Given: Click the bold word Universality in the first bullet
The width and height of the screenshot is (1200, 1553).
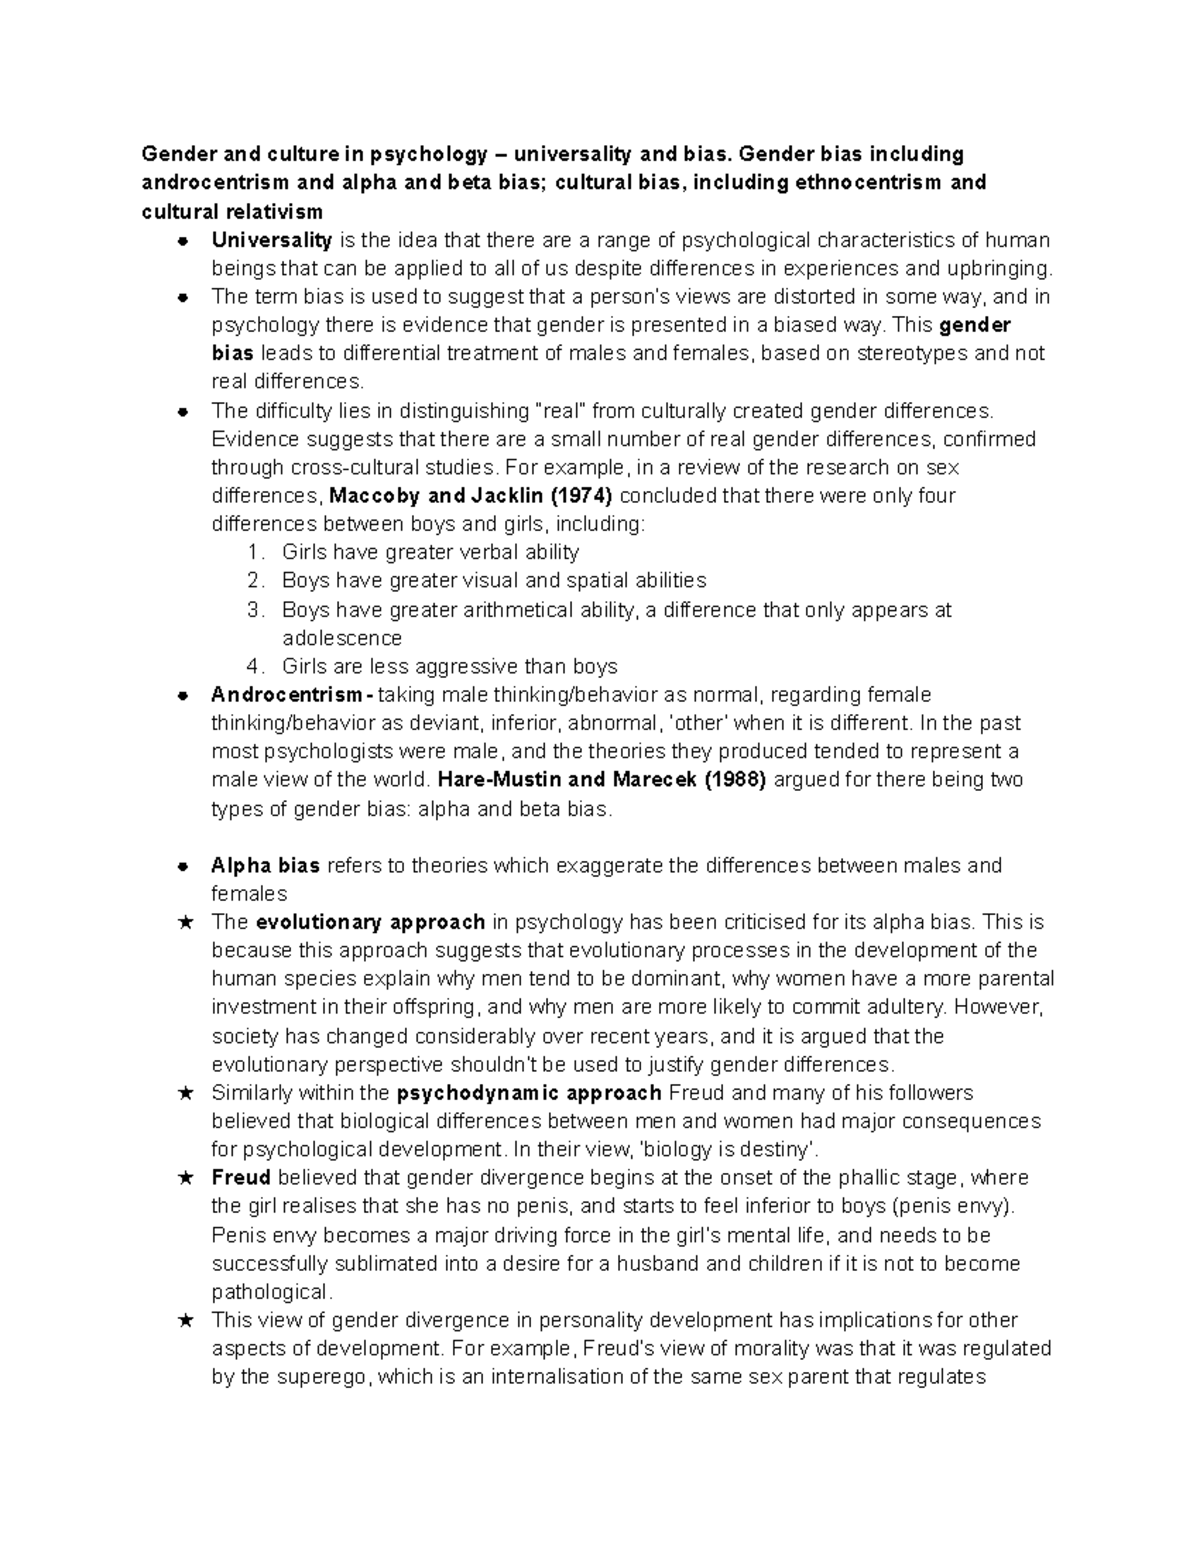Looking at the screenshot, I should (x=271, y=240).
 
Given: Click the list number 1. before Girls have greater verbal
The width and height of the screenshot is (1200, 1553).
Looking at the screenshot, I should (x=256, y=552).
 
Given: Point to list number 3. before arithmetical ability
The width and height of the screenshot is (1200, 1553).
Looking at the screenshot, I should (x=256, y=610).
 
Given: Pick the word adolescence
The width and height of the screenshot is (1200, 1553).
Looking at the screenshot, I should (x=342, y=638).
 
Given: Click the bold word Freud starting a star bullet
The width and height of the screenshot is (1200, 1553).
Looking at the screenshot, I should (x=241, y=1178).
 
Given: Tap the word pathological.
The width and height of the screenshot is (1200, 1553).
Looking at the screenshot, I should (x=269, y=1291).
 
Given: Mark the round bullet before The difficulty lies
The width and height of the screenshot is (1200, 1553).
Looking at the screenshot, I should (x=183, y=411).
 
